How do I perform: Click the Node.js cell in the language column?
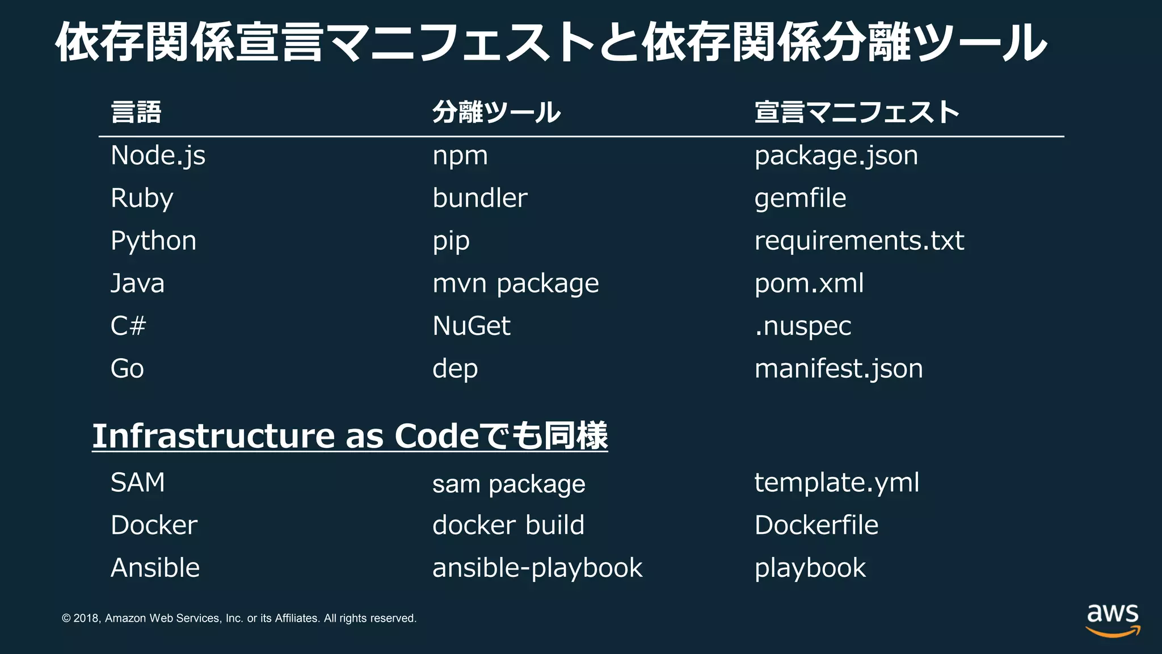click(158, 156)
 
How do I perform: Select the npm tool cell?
click(460, 156)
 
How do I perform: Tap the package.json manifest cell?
click(836, 156)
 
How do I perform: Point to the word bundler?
click(479, 198)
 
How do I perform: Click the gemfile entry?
click(800, 198)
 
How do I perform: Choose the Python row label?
click(153, 241)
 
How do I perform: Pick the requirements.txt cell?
click(859, 241)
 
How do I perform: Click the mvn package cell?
click(515, 283)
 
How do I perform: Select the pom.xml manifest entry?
click(809, 283)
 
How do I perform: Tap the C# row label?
click(128, 326)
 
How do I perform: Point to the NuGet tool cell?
click(471, 326)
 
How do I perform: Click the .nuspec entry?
click(803, 326)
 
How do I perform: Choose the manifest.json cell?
click(839, 369)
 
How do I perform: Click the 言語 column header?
click(136, 112)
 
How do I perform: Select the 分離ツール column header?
click(496, 112)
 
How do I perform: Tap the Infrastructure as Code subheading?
click(350, 436)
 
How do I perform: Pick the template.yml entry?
click(836, 483)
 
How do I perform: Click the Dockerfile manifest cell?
click(816, 525)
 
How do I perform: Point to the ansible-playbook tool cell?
click(537, 568)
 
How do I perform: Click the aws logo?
click(1113, 619)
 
